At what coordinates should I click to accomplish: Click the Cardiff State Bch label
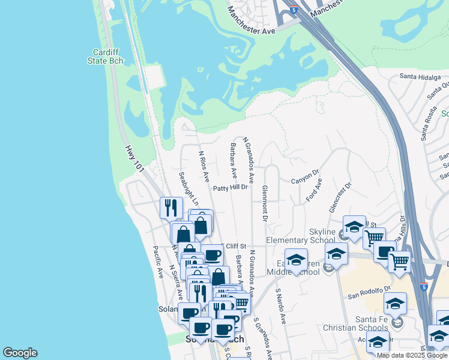click(x=107, y=56)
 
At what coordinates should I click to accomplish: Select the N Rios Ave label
click(x=204, y=166)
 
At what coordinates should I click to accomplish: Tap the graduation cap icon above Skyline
click(x=354, y=227)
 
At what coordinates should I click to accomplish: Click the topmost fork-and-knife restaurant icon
click(x=171, y=208)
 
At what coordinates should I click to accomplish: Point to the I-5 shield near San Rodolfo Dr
click(x=424, y=287)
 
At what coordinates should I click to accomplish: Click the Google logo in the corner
click(x=20, y=353)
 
